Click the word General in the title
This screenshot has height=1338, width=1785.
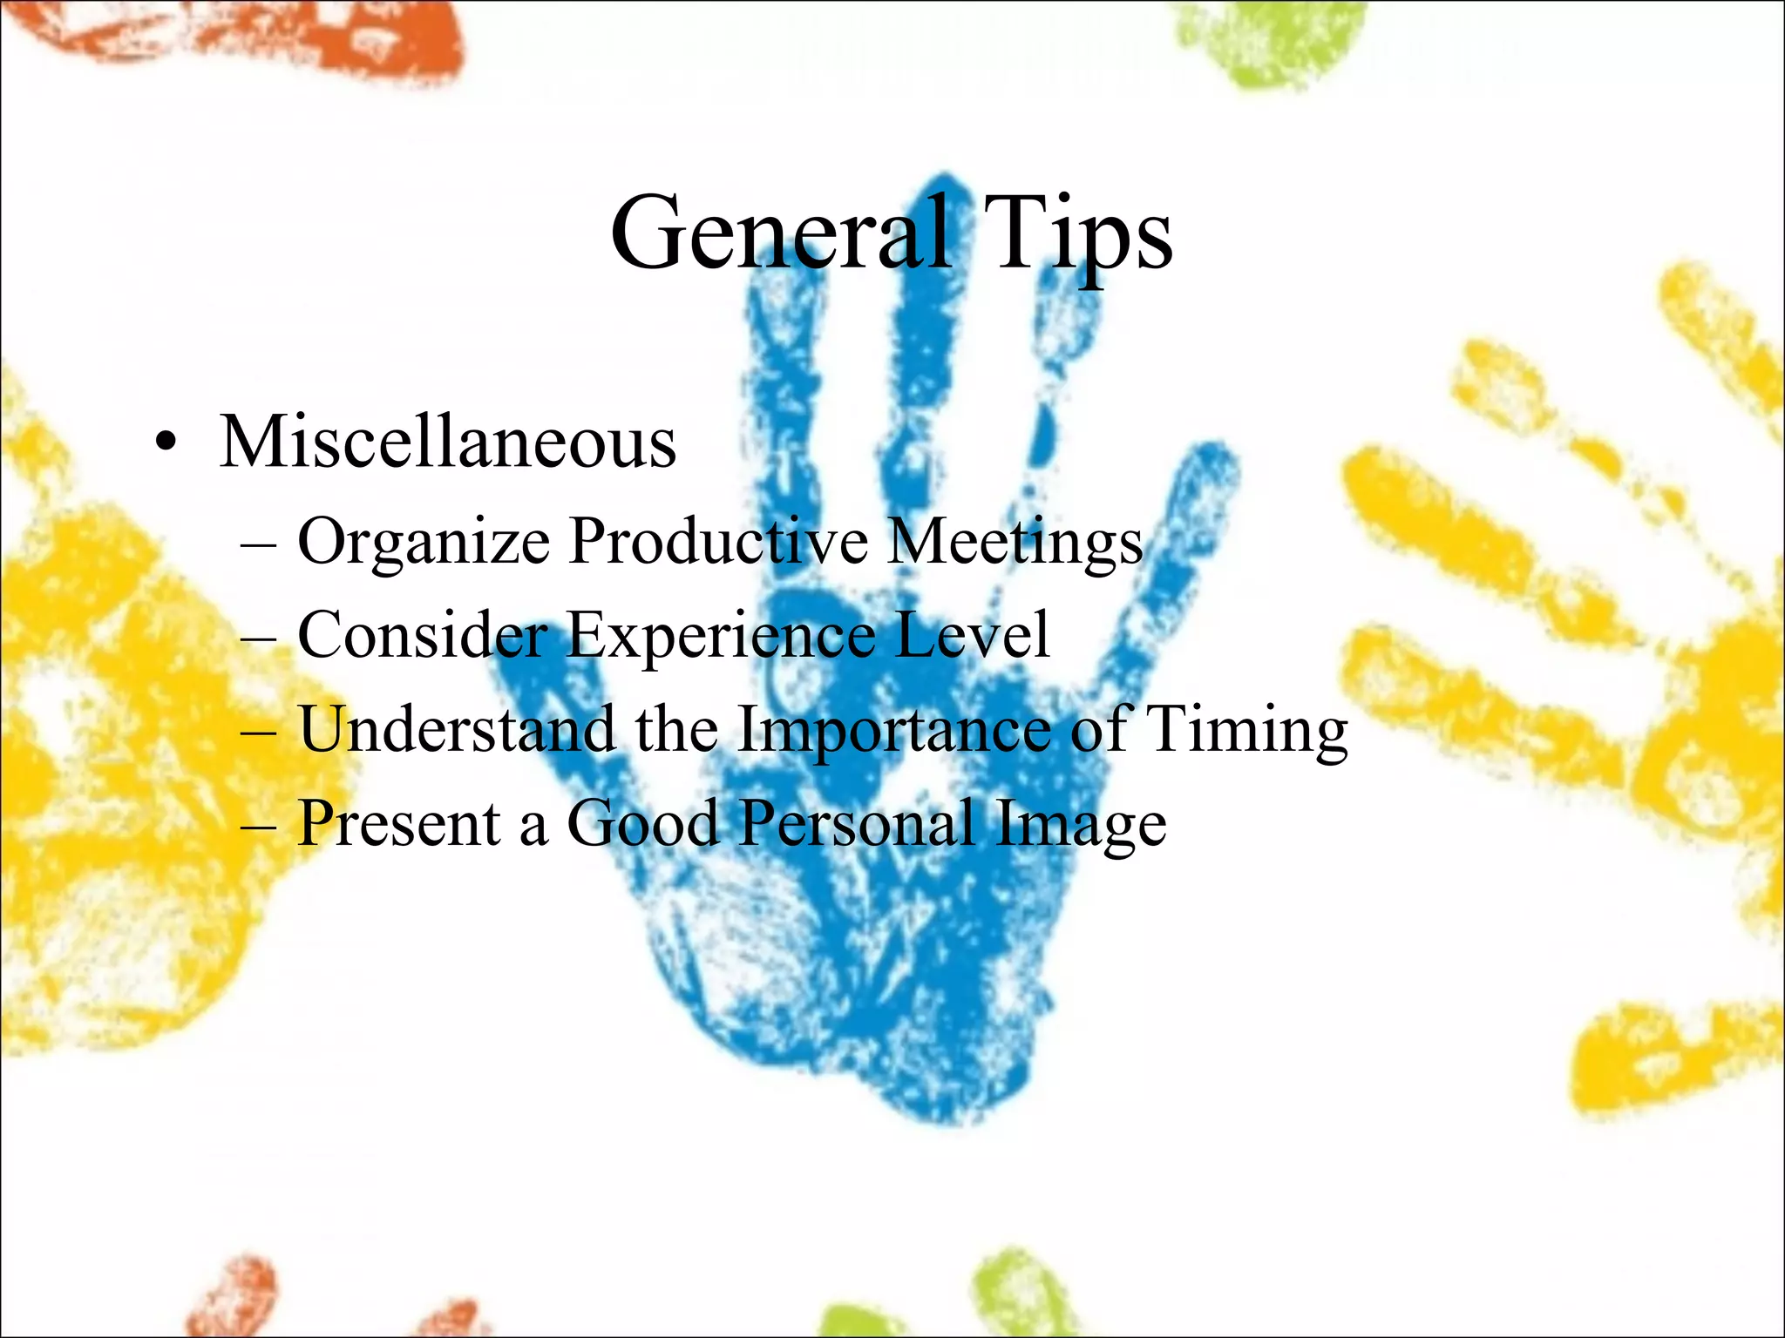tap(780, 233)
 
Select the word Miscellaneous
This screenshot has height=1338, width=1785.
tap(447, 442)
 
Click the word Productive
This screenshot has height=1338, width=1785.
tap(719, 541)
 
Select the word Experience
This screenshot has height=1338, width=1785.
tap(721, 636)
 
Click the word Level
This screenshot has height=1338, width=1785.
tap(972, 634)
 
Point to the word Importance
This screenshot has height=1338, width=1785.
tap(894, 730)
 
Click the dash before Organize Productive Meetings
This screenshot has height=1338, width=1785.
tap(258, 544)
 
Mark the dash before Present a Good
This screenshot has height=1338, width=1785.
tap(258, 826)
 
